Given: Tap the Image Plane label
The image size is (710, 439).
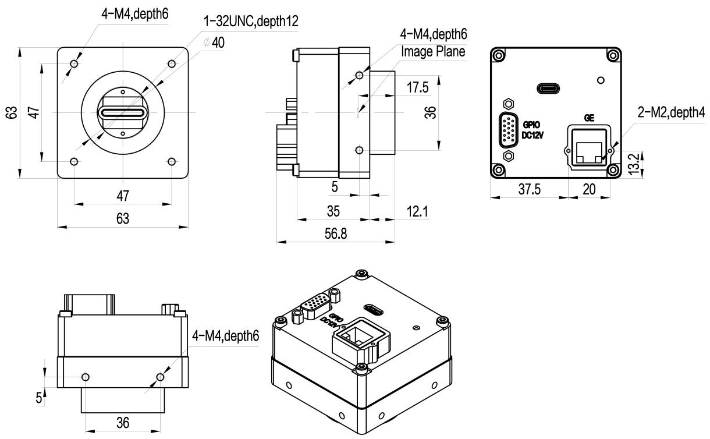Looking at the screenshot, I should pyautogui.click(x=434, y=51).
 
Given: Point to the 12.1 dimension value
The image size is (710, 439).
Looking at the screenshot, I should pyautogui.click(x=416, y=212).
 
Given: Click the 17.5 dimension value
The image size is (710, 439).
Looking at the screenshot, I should pyautogui.click(x=417, y=87).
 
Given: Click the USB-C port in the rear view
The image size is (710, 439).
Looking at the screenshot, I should pyautogui.click(x=548, y=89).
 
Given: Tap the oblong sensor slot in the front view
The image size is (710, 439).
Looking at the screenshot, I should pyautogui.click(x=122, y=112).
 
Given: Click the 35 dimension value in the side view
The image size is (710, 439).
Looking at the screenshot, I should pyautogui.click(x=333, y=210).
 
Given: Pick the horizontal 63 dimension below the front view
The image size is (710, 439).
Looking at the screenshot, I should pyautogui.click(x=122, y=219).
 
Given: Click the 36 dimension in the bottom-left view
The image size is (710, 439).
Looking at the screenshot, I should pyautogui.click(x=122, y=423).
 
